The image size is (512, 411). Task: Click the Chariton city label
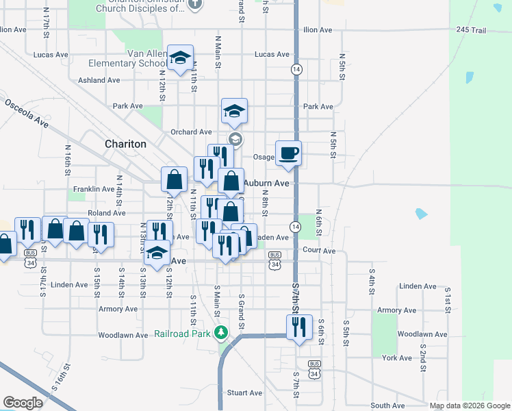click(x=125, y=145)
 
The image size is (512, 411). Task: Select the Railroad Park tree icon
click(x=220, y=334)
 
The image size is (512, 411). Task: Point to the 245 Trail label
click(x=470, y=30)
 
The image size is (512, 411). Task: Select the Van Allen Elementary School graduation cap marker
click(x=181, y=58)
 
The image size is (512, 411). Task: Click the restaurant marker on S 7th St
click(x=298, y=327)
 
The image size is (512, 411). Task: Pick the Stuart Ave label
click(x=245, y=393)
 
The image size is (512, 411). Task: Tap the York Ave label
click(x=397, y=358)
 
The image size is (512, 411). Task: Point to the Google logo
click(x=23, y=403)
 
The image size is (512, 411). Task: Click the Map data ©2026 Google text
click(x=470, y=406)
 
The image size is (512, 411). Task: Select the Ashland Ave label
click(x=99, y=80)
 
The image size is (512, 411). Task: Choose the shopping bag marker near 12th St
click(x=175, y=179)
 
